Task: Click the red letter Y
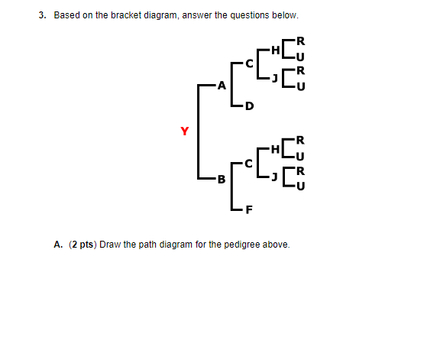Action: [184, 131]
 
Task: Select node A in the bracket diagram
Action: [222, 86]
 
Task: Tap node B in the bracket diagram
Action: [222, 179]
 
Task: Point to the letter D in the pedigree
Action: [250, 106]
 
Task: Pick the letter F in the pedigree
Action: [249, 209]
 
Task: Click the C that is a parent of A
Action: [249, 63]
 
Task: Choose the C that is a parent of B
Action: [248, 164]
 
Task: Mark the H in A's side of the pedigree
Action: [276, 50]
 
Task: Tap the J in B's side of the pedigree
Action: [274, 177]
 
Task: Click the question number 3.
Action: [42, 15]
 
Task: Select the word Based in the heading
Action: [66, 15]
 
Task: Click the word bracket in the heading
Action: [126, 15]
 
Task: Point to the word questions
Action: [250, 15]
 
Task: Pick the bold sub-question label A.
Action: [58, 245]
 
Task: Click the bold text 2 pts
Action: [82, 245]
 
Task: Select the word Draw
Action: [110, 245]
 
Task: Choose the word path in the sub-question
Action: [147, 245]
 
